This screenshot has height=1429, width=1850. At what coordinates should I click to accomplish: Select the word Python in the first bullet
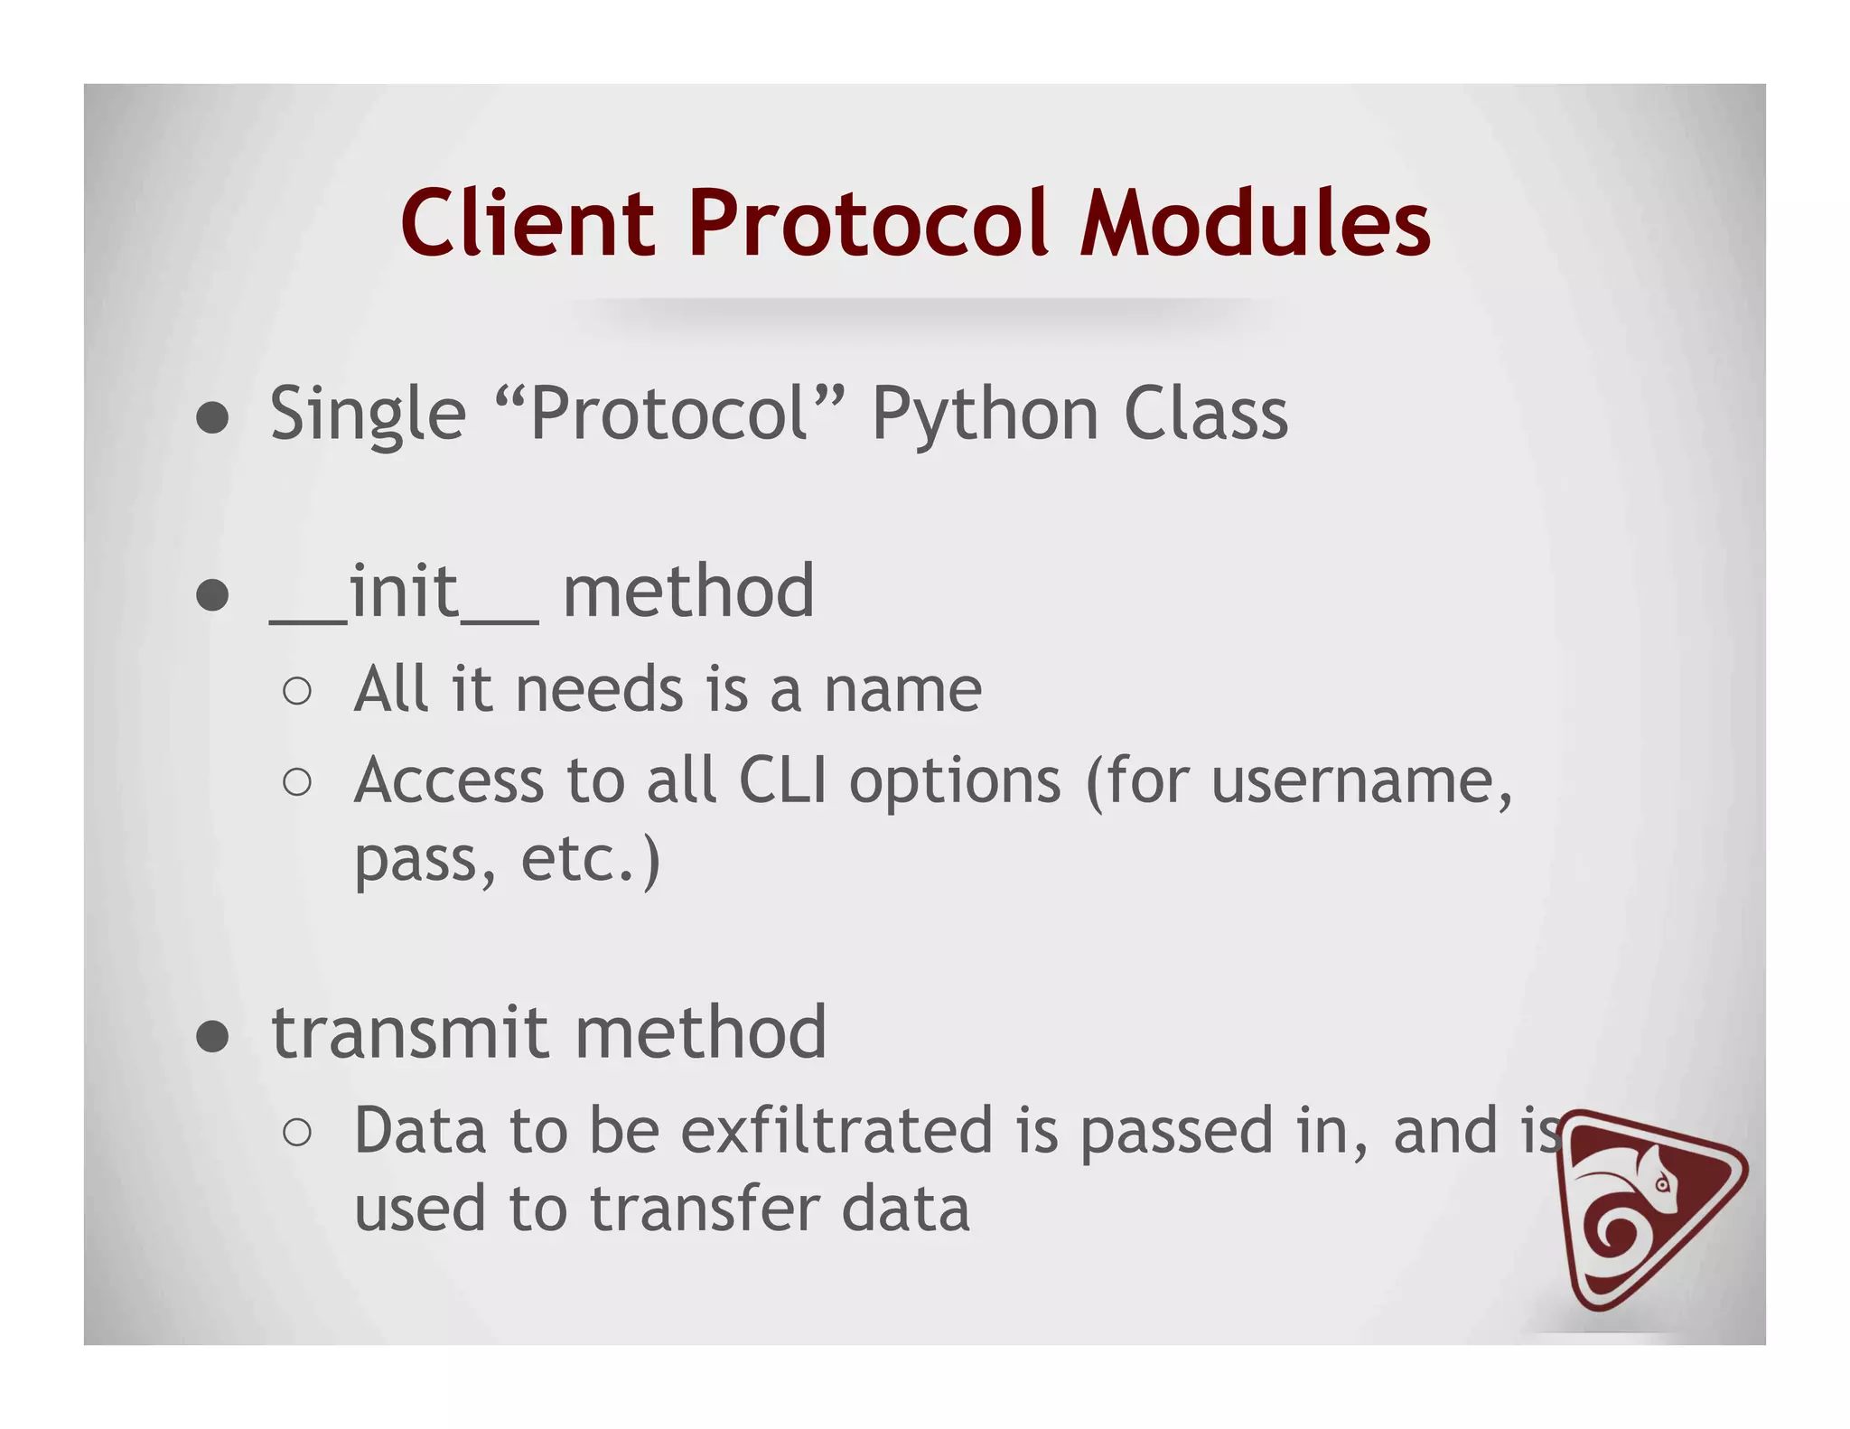click(x=984, y=416)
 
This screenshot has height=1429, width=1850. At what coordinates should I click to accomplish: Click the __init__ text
click(x=404, y=593)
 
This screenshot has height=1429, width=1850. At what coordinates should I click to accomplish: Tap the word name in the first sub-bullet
click(x=902, y=690)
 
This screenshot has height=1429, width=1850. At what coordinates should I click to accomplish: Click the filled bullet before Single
click(x=212, y=419)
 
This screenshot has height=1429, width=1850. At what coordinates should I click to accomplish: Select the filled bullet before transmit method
click(x=212, y=1037)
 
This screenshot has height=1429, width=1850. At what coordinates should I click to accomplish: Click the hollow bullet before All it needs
click(x=297, y=693)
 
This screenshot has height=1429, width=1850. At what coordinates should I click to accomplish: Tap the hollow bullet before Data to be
click(x=297, y=1133)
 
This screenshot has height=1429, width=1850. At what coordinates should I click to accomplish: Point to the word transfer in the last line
click(x=704, y=1209)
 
